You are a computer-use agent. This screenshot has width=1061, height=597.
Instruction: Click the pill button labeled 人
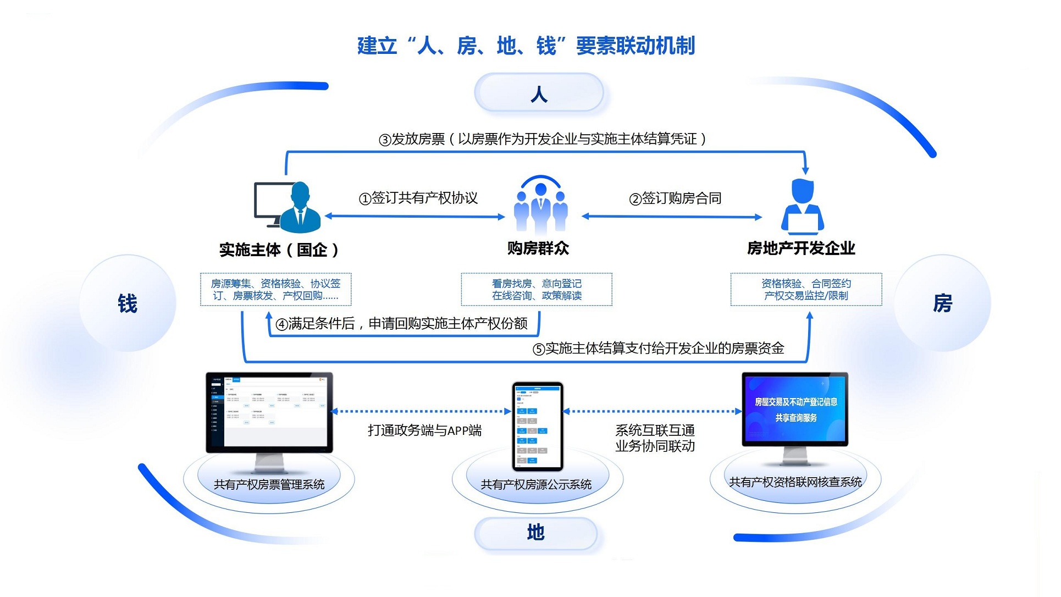click(x=539, y=93)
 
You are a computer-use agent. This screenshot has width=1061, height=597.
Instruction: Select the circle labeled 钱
click(x=128, y=303)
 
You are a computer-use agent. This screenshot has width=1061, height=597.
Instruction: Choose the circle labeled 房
click(x=942, y=303)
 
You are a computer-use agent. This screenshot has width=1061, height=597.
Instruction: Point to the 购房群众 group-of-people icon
click(x=540, y=206)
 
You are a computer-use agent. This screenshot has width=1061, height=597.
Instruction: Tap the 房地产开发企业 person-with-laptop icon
click(x=802, y=207)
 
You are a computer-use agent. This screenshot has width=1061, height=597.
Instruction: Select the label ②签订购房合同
click(x=675, y=198)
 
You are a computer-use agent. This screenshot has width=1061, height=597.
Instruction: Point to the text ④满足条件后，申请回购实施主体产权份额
click(x=401, y=324)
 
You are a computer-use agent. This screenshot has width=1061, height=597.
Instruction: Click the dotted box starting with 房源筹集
click(x=275, y=290)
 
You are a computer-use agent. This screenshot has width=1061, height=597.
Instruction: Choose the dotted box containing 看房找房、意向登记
click(x=537, y=290)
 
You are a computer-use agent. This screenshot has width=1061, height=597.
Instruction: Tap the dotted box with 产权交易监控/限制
click(x=806, y=290)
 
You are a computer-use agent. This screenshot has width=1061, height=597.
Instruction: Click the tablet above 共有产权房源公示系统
click(x=538, y=427)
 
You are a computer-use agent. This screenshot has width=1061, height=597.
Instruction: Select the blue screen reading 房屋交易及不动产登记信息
click(x=795, y=410)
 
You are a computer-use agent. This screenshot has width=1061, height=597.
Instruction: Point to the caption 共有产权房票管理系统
click(x=269, y=485)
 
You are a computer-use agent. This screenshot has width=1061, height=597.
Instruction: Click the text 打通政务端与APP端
click(x=424, y=430)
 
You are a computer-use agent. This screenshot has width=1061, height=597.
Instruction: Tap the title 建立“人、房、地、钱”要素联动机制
click(x=526, y=46)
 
